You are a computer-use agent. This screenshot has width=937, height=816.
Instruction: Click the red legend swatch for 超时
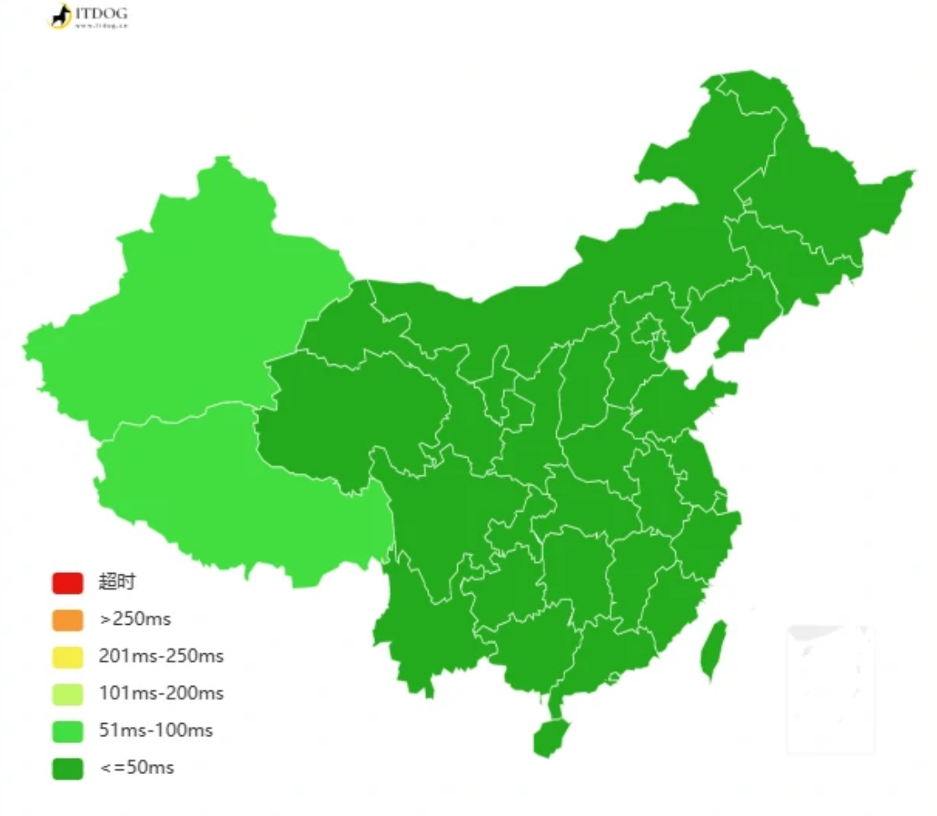click(67, 582)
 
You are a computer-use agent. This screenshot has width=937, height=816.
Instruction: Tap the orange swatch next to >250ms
click(67, 620)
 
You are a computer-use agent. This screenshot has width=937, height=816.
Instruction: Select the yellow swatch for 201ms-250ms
click(67, 657)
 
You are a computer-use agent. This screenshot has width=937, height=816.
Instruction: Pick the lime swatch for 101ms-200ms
click(67, 694)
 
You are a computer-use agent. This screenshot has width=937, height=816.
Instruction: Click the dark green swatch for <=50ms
click(67, 767)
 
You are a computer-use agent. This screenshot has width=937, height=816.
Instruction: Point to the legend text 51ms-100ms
click(156, 730)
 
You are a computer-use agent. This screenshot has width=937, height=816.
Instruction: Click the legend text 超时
click(117, 582)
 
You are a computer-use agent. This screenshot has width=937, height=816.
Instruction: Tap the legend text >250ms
click(134, 620)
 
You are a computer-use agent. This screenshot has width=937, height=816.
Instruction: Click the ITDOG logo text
click(101, 14)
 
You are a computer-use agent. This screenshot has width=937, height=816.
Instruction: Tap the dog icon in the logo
click(60, 16)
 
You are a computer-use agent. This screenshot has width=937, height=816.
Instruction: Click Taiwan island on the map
click(713, 650)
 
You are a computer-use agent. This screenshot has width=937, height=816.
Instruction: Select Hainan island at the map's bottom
click(549, 736)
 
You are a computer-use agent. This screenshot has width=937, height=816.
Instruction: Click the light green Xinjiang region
click(193, 302)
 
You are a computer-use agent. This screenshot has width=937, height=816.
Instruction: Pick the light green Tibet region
click(218, 486)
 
